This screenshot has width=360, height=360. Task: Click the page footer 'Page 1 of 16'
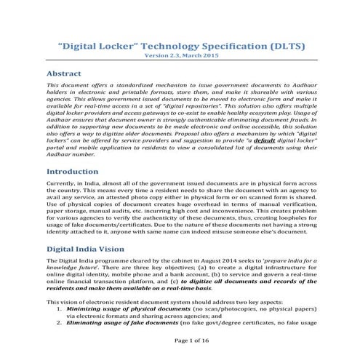pyautogui.click(x=180, y=340)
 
